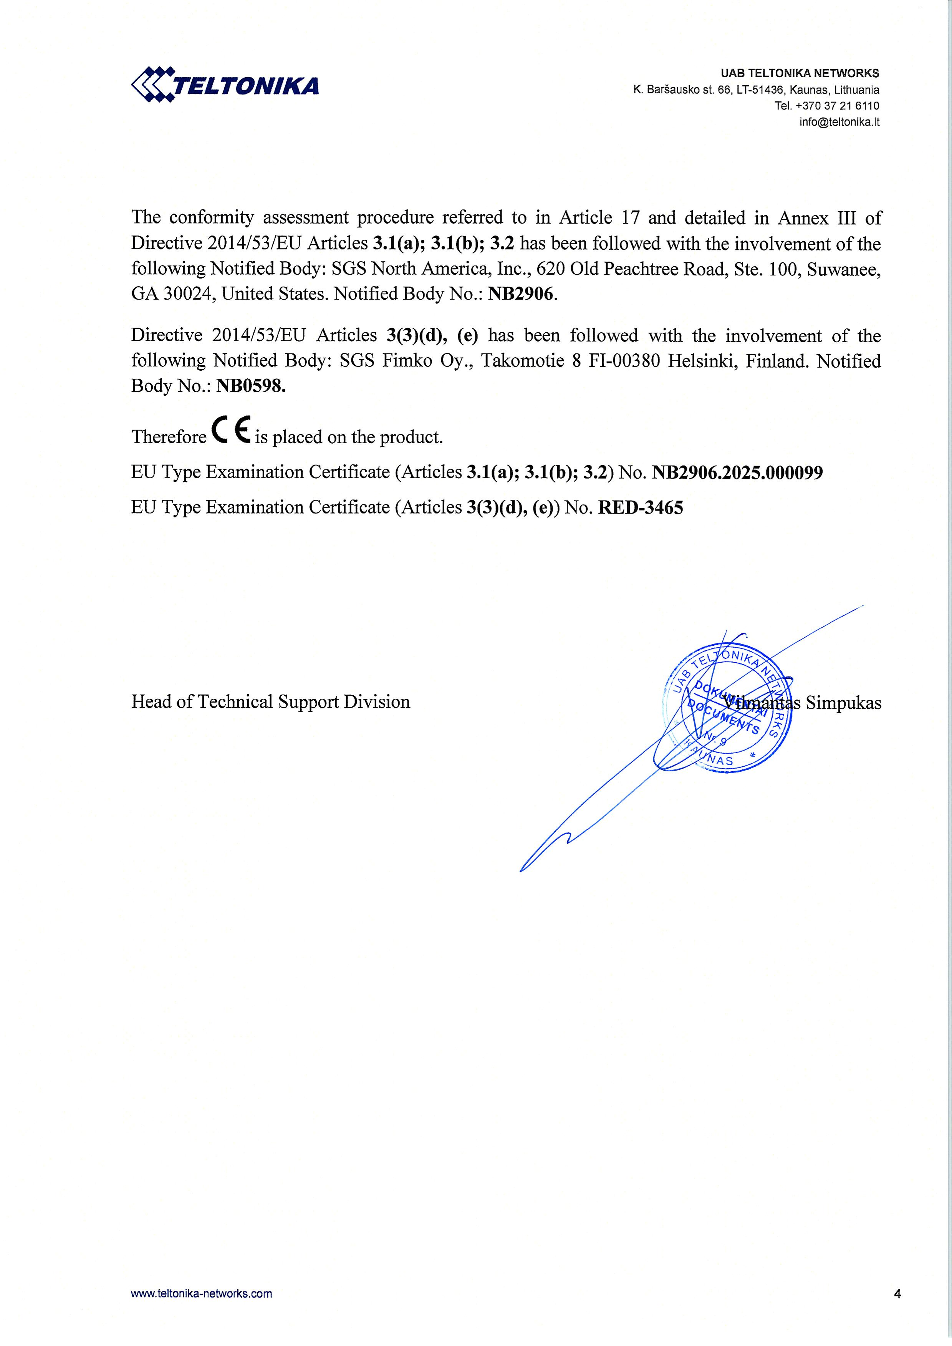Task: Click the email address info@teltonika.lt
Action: (x=839, y=122)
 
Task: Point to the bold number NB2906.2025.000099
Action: (x=737, y=472)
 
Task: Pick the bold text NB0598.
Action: (x=251, y=386)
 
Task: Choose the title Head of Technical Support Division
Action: (x=270, y=702)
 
